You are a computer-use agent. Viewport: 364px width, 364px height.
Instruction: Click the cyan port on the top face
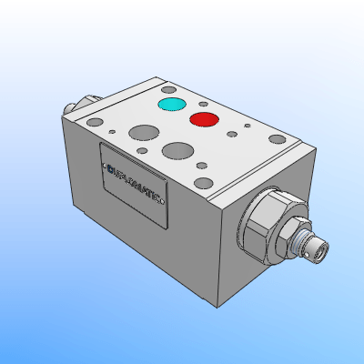click(169, 106)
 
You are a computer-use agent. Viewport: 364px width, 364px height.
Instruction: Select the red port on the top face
click(203, 120)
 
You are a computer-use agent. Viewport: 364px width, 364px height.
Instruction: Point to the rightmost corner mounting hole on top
click(274, 139)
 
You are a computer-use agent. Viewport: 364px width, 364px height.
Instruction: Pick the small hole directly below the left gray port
click(141, 152)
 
